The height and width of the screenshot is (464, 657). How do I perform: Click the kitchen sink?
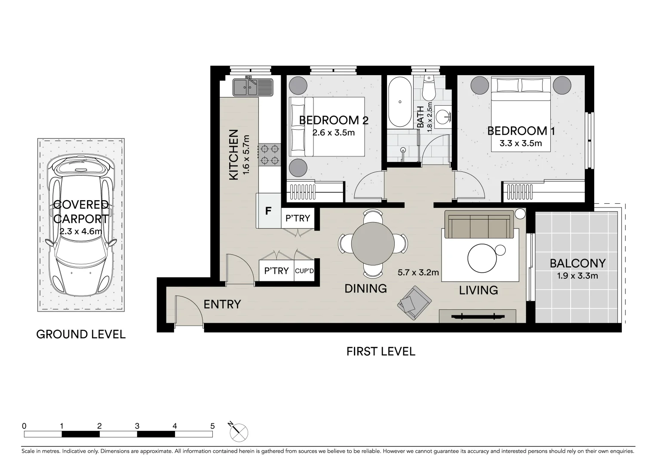coord(252,87)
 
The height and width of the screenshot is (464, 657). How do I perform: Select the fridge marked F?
coord(268,211)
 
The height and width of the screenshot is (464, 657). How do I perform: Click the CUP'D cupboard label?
coord(304,271)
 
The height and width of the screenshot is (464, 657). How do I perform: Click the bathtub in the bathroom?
coord(400,102)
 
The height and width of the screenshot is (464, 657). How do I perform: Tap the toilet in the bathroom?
coord(429,89)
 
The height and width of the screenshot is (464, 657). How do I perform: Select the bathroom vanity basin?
coord(443,116)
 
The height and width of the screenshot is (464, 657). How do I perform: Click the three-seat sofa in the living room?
coord(479,224)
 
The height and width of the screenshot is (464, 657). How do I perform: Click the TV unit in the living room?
coord(477,317)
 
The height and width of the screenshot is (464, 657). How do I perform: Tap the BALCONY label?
coord(577,263)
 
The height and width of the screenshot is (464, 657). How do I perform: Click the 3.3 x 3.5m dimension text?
coord(521,143)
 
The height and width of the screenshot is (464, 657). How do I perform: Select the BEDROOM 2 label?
coord(334,120)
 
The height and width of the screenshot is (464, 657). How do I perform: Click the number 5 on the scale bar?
coord(212,426)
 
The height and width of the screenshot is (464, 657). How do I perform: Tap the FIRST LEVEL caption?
coord(381,351)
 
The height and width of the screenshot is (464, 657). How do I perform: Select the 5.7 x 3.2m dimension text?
coord(418,272)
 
